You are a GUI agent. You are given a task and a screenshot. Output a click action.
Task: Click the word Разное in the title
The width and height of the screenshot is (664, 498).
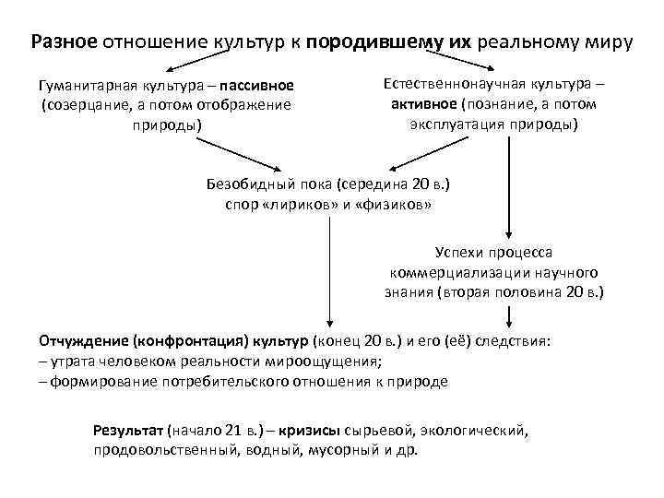pos(64,42)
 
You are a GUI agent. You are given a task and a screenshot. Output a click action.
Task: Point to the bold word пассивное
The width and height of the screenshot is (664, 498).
pos(257,87)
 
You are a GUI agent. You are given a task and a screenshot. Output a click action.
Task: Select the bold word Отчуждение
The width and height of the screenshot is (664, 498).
pos(84,340)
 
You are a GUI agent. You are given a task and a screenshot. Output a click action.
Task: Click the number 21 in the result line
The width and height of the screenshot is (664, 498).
pos(231,431)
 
